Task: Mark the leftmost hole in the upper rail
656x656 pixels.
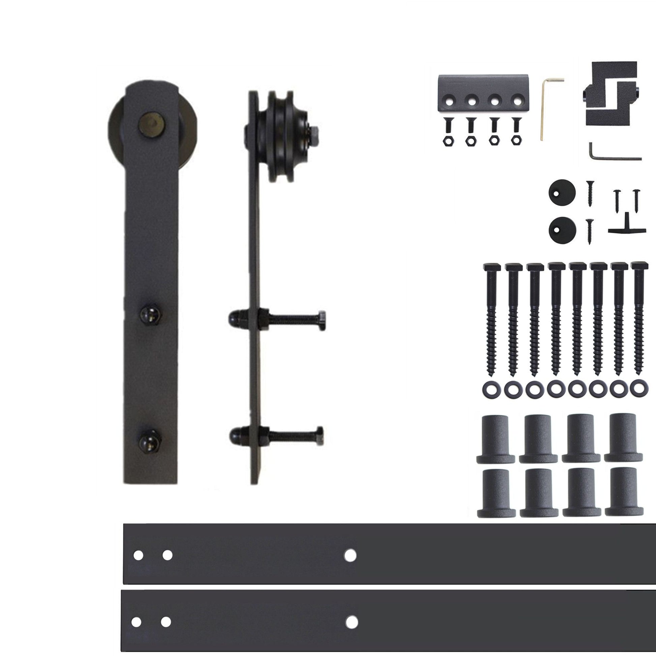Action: pyautogui.click(x=138, y=555)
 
